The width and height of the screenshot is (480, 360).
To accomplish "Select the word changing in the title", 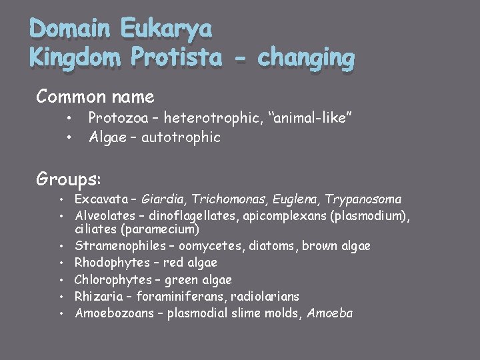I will [x=306, y=59].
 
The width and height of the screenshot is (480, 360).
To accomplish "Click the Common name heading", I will [x=95, y=97].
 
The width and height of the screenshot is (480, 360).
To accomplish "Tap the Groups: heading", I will [x=69, y=179].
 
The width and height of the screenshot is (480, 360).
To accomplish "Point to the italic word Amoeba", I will [x=329, y=313].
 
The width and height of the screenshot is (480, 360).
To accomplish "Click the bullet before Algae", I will [x=69, y=138].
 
